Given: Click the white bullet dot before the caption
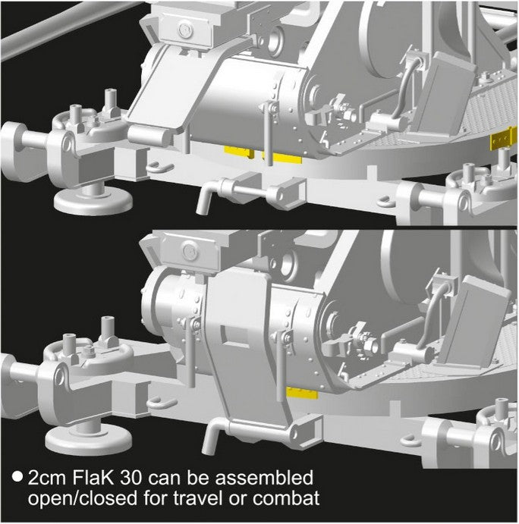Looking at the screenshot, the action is [x=17, y=477].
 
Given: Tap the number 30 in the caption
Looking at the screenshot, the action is [x=131, y=478].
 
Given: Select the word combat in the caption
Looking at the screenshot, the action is [x=286, y=499].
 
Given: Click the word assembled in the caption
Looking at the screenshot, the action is [x=264, y=478].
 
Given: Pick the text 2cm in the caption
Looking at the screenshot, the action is [x=47, y=479].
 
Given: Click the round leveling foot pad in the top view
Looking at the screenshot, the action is [x=93, y=200].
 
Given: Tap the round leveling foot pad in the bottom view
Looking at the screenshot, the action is [x=88, y=439].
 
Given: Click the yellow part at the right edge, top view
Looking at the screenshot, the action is [x=504, y=141].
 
